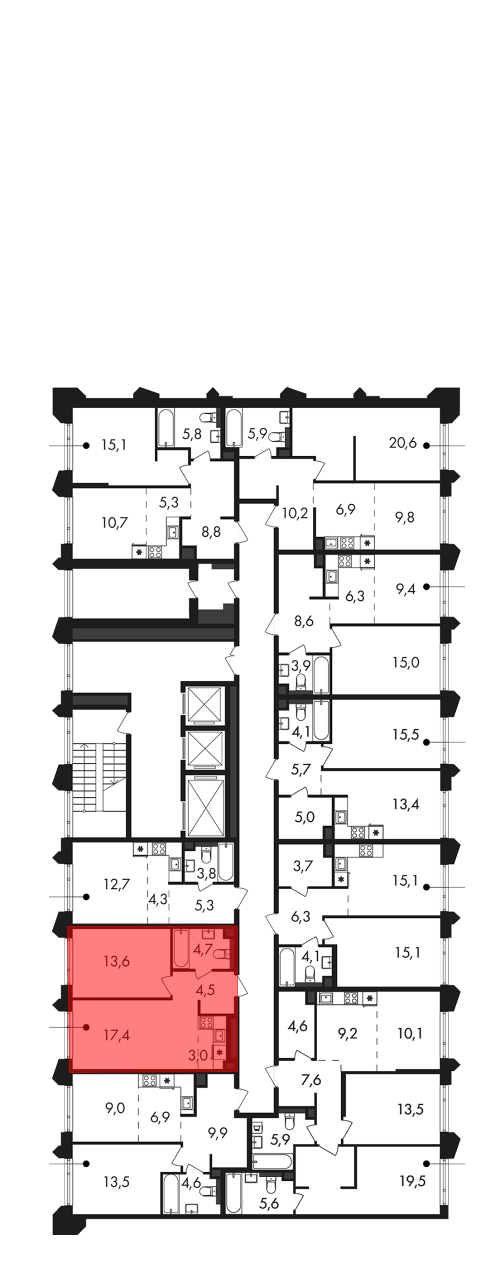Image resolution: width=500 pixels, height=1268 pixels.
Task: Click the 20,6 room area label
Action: point(403,443)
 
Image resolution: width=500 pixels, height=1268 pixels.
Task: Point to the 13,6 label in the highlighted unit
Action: point(117,961)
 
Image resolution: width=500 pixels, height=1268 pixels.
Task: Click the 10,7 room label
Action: point(114,523)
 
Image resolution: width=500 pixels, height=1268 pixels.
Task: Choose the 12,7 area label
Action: point(117,884)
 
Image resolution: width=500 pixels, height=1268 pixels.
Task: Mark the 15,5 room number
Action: point(405,735)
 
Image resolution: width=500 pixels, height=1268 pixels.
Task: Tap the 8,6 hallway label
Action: point(303,621)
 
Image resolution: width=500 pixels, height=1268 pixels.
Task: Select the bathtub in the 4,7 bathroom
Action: point(180,948)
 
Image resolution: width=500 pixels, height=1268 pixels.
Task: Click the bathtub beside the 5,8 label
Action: point(165,429)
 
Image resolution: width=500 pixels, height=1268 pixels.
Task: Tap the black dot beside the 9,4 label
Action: point(426,586)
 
